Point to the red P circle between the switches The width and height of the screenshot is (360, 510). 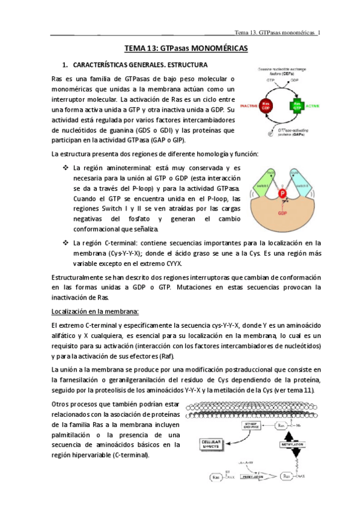tap(281, 194)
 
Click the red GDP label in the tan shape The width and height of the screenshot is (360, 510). tap(282, 213)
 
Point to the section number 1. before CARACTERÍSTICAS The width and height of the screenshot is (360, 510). tap(66, 64)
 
